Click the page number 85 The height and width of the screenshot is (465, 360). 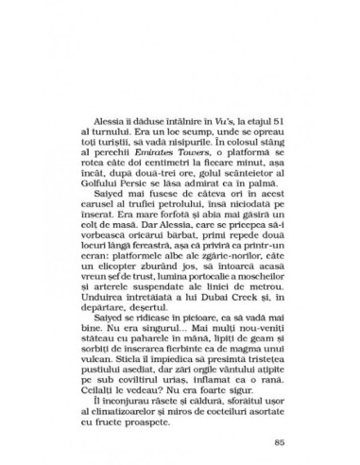coord(276,412)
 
